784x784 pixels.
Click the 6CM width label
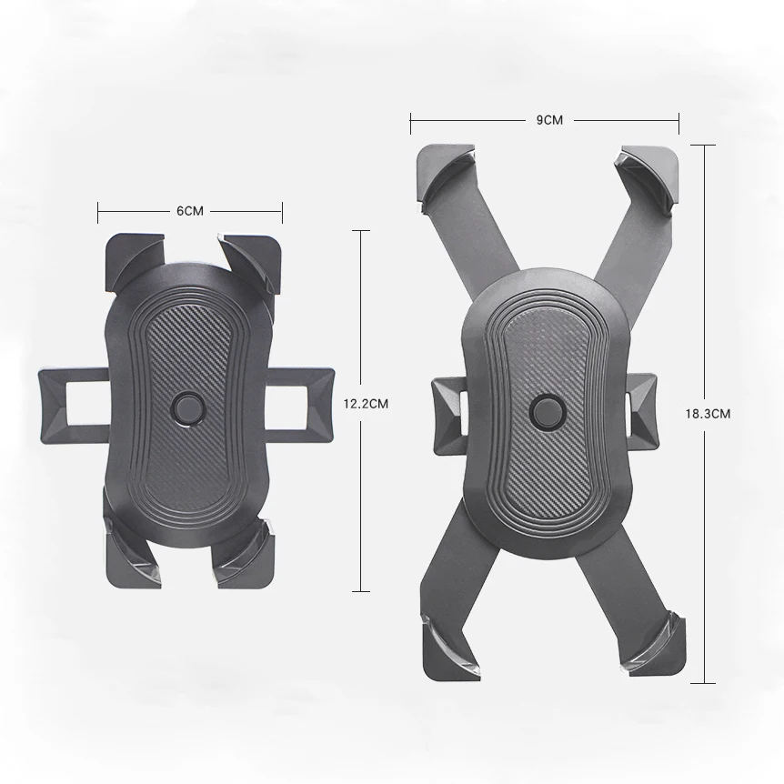pos(190,211)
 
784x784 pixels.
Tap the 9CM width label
pos(548,119)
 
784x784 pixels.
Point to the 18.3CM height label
pos(708,413)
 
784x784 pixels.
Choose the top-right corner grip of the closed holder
pos(249,256)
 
